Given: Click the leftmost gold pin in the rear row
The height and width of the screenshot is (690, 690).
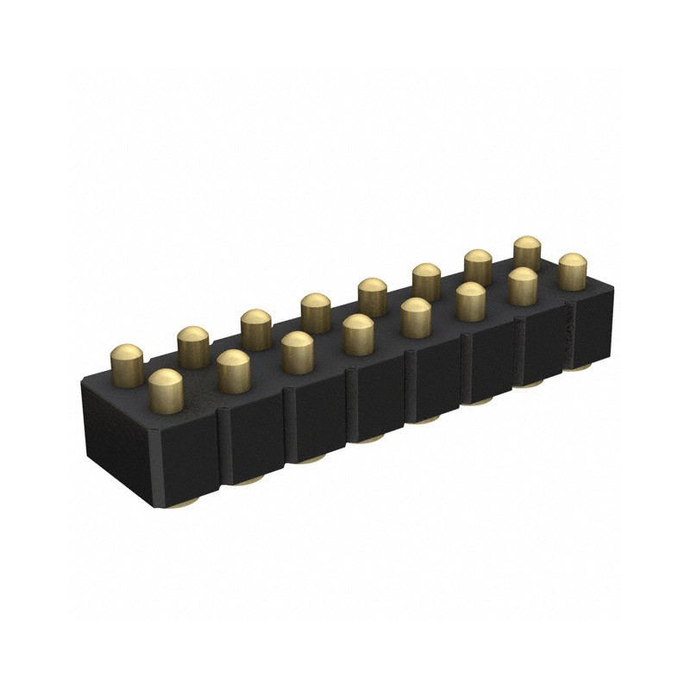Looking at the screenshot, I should click(128, 363).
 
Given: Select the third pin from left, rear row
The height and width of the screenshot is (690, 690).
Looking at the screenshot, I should click(256, 329).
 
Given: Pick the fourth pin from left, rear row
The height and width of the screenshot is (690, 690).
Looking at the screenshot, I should click(316, 312).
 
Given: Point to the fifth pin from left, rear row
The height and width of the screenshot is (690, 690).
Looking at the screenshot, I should click(372, 297).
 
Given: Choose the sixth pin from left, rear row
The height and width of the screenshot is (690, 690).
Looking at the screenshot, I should click(425, 281).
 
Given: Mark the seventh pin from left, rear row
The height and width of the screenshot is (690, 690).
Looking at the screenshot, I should click(477, 267).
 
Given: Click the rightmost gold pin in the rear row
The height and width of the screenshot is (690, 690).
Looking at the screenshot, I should click(527, 253).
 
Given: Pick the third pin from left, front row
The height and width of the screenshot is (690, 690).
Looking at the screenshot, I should click(298, 351).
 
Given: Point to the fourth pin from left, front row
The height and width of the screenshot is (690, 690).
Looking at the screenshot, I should click(358, 334).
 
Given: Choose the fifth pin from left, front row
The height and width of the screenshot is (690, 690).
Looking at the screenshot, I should click(416, 317).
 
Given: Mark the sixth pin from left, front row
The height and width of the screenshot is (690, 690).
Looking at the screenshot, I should click(470, 301).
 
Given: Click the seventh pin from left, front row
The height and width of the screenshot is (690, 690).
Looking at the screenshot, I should click(522, 286).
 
